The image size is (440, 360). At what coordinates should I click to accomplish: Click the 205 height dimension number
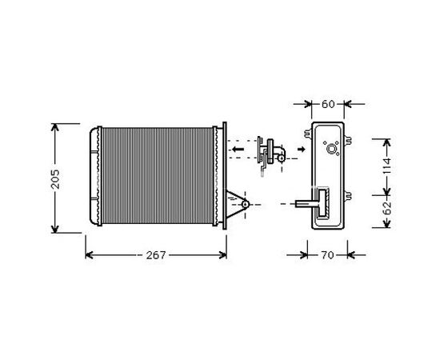55,179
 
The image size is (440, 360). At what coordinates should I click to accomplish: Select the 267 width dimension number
156,255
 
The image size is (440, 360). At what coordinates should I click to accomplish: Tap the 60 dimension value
328,104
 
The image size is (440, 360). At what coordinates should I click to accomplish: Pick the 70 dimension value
327,255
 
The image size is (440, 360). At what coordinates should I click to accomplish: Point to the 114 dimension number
386,166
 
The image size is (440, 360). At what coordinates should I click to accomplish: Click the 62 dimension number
387,208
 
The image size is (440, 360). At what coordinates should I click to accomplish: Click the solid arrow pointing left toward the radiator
238,149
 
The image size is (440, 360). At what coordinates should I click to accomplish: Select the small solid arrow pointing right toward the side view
302,149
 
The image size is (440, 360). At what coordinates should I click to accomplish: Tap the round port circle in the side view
332,149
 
